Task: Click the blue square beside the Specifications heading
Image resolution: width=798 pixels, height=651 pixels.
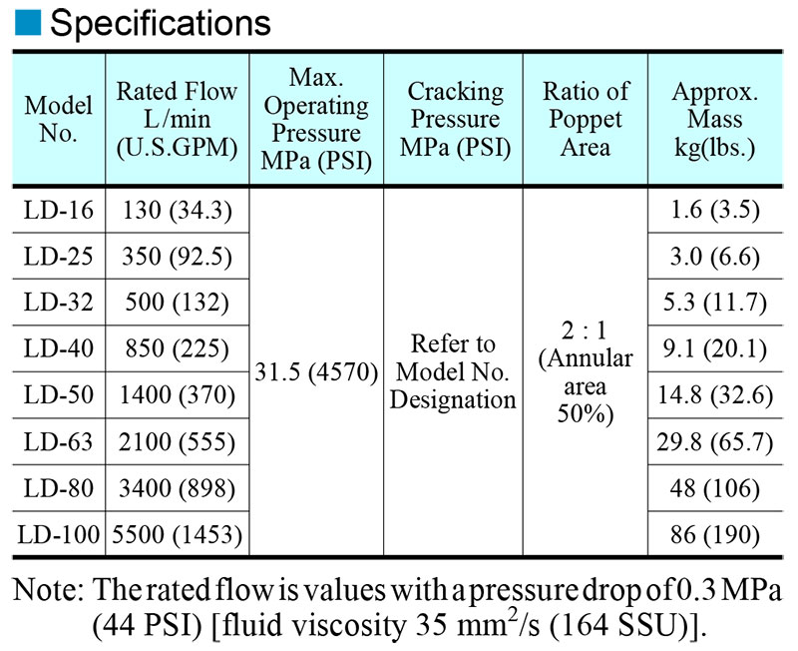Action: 28,22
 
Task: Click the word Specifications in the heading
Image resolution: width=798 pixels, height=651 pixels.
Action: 161,23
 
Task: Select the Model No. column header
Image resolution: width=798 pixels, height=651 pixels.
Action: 59,119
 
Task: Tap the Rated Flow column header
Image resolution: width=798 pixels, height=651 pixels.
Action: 178,120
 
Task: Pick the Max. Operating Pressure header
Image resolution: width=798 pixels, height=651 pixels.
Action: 316,119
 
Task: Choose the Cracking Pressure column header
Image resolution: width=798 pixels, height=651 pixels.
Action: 455,120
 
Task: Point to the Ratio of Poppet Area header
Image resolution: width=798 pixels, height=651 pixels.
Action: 586,120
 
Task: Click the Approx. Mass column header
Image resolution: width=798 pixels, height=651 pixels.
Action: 714,120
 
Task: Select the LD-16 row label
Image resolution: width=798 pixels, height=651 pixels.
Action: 59,210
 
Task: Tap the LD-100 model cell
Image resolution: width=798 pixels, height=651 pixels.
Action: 59,535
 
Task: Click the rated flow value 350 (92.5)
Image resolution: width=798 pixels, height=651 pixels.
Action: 178,257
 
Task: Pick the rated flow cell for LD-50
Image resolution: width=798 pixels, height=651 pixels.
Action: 178,395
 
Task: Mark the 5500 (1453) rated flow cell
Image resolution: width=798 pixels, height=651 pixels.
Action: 178,535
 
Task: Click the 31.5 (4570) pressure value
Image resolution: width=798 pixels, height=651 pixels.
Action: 316,372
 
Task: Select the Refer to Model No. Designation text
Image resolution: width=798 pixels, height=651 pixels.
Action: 453,371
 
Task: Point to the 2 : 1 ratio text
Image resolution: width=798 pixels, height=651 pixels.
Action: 585,330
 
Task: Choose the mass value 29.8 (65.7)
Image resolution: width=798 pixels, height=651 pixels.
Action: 714,441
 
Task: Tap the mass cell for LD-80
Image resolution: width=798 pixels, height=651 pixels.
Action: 714,488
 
